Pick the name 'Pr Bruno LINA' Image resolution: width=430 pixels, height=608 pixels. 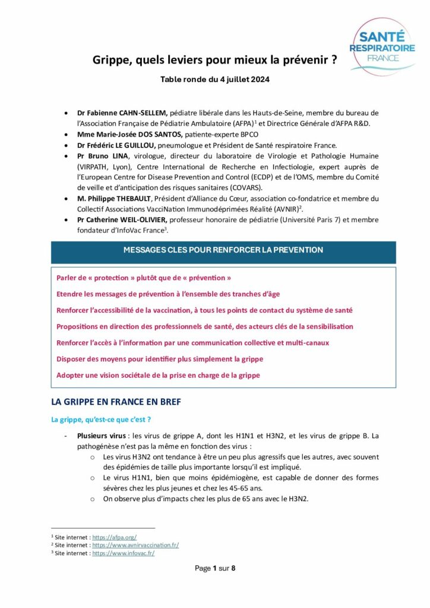(99, 156)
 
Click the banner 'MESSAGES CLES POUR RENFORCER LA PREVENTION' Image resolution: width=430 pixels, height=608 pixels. (223, 250)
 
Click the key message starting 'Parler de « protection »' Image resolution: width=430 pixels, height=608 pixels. (144, 278)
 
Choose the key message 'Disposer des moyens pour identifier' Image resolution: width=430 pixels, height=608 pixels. (160, 359)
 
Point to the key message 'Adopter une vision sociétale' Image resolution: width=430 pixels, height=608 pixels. (158, 375)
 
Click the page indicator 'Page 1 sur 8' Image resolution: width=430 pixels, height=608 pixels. (215, 568)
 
